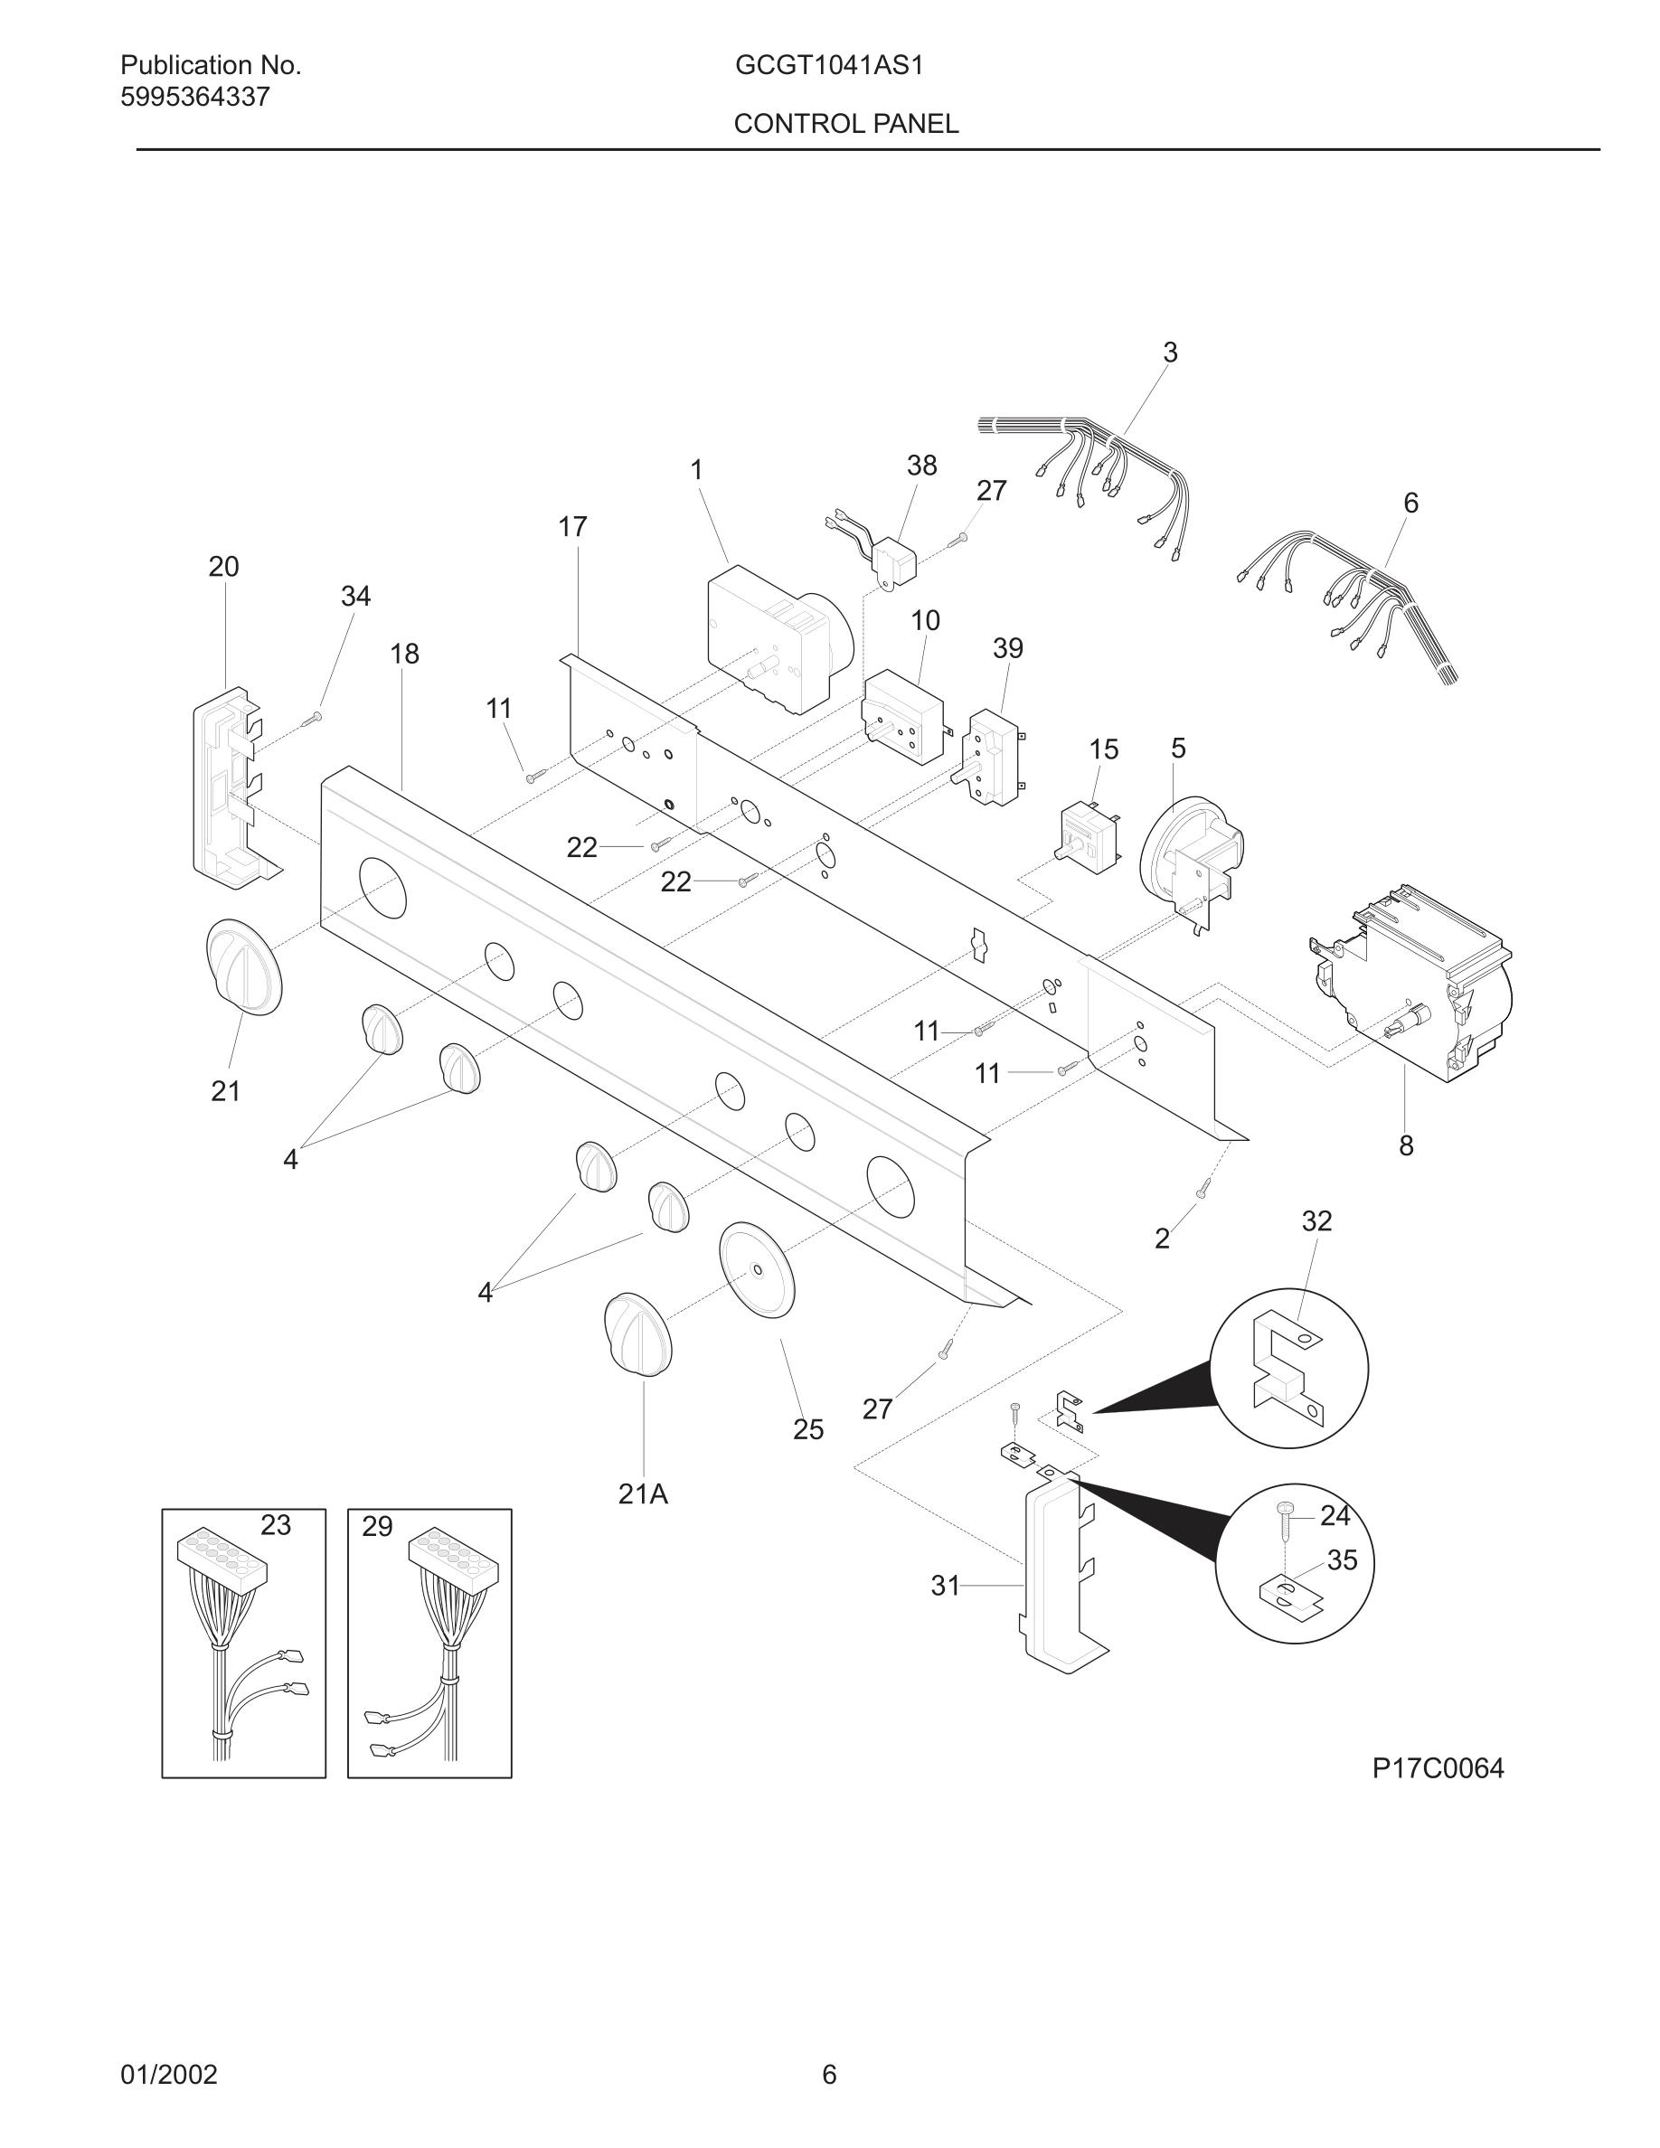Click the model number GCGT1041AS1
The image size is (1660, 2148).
pyautogui.click(x=828, y=66)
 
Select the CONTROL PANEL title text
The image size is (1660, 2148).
pyautogui.click(x=845, y=124)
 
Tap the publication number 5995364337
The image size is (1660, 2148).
pyautogui.click(x=194, y=98)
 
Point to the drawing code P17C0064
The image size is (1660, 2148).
pyautogui.click(x=1438, y=1768)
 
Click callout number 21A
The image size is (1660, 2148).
pyautogui.click(x=643, y=1494)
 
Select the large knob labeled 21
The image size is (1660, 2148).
pyautogui.click(x=244, y=966)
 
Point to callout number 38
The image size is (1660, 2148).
pyautogui.click(x=921, y=466)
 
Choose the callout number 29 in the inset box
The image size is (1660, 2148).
pyautogui.click(x=377, y=1526)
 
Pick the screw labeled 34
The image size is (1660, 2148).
pyautogui.click(x=313, y=719)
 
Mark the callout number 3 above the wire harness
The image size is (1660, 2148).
pyautogui.click(x=1170, y=352)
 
